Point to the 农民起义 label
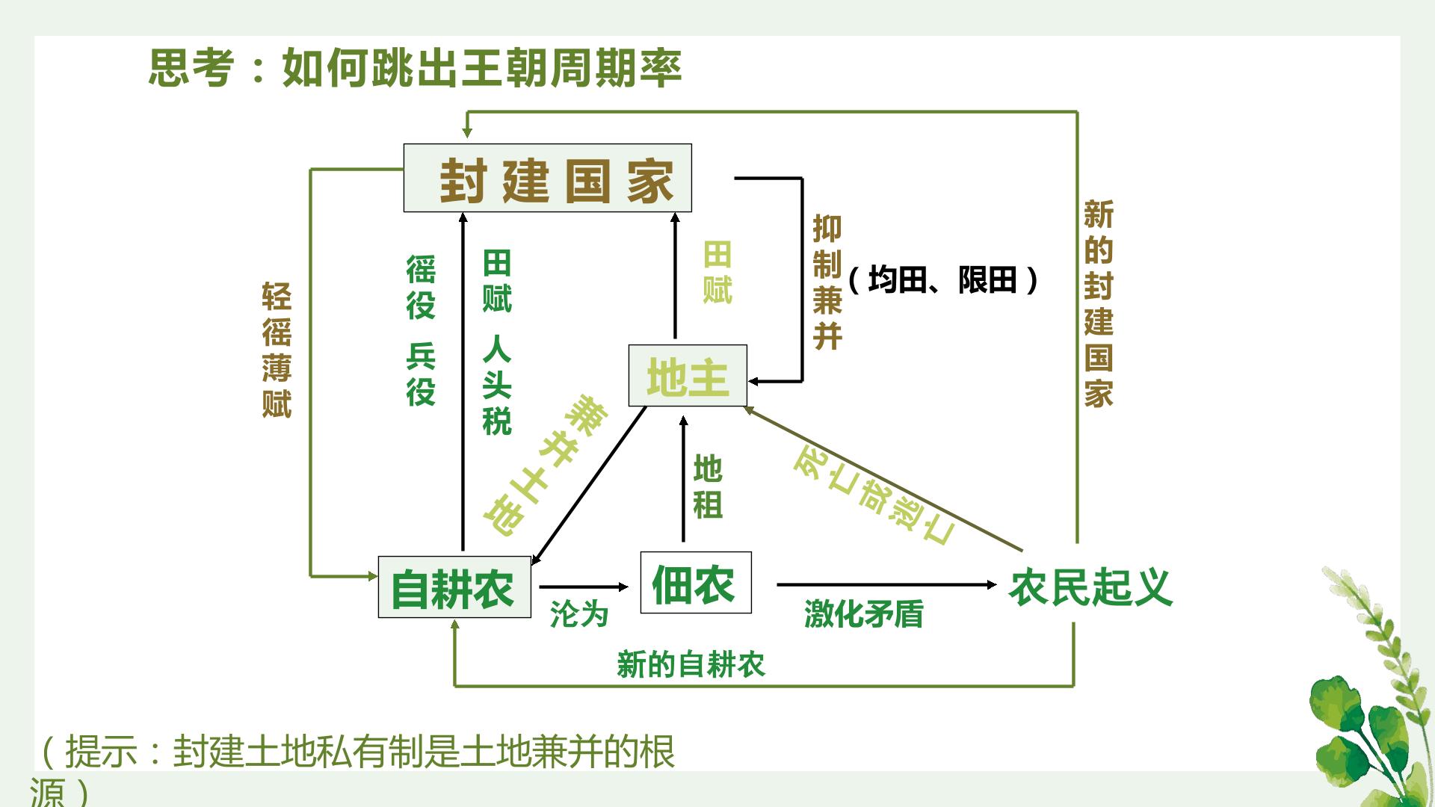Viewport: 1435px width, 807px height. click(x=1090, y=587)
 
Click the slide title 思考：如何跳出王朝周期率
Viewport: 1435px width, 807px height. click(x=416, y=68)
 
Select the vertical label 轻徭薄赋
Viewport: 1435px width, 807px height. click(x=277, y=350)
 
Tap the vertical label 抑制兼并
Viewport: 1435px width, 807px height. click(x=827, y=282)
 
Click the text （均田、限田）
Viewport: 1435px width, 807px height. click(x=944, y=280)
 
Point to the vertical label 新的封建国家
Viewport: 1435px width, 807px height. click(x=1099, y=303)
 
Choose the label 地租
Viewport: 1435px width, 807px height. click(x=708, y=486)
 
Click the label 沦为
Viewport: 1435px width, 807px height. click(x=579, y=614)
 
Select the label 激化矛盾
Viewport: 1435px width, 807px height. click(x=864, y=614)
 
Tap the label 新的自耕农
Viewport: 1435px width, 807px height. click(x=691, y=664)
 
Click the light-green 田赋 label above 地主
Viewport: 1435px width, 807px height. click(x=717, y=273)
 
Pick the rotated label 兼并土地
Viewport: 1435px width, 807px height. click(x=546, y=466)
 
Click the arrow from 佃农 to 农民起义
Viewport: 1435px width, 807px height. click(x=886, y=584)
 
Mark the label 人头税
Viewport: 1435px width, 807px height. click(x=497, y=385)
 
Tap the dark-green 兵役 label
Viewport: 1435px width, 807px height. click(x=421, y=374)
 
